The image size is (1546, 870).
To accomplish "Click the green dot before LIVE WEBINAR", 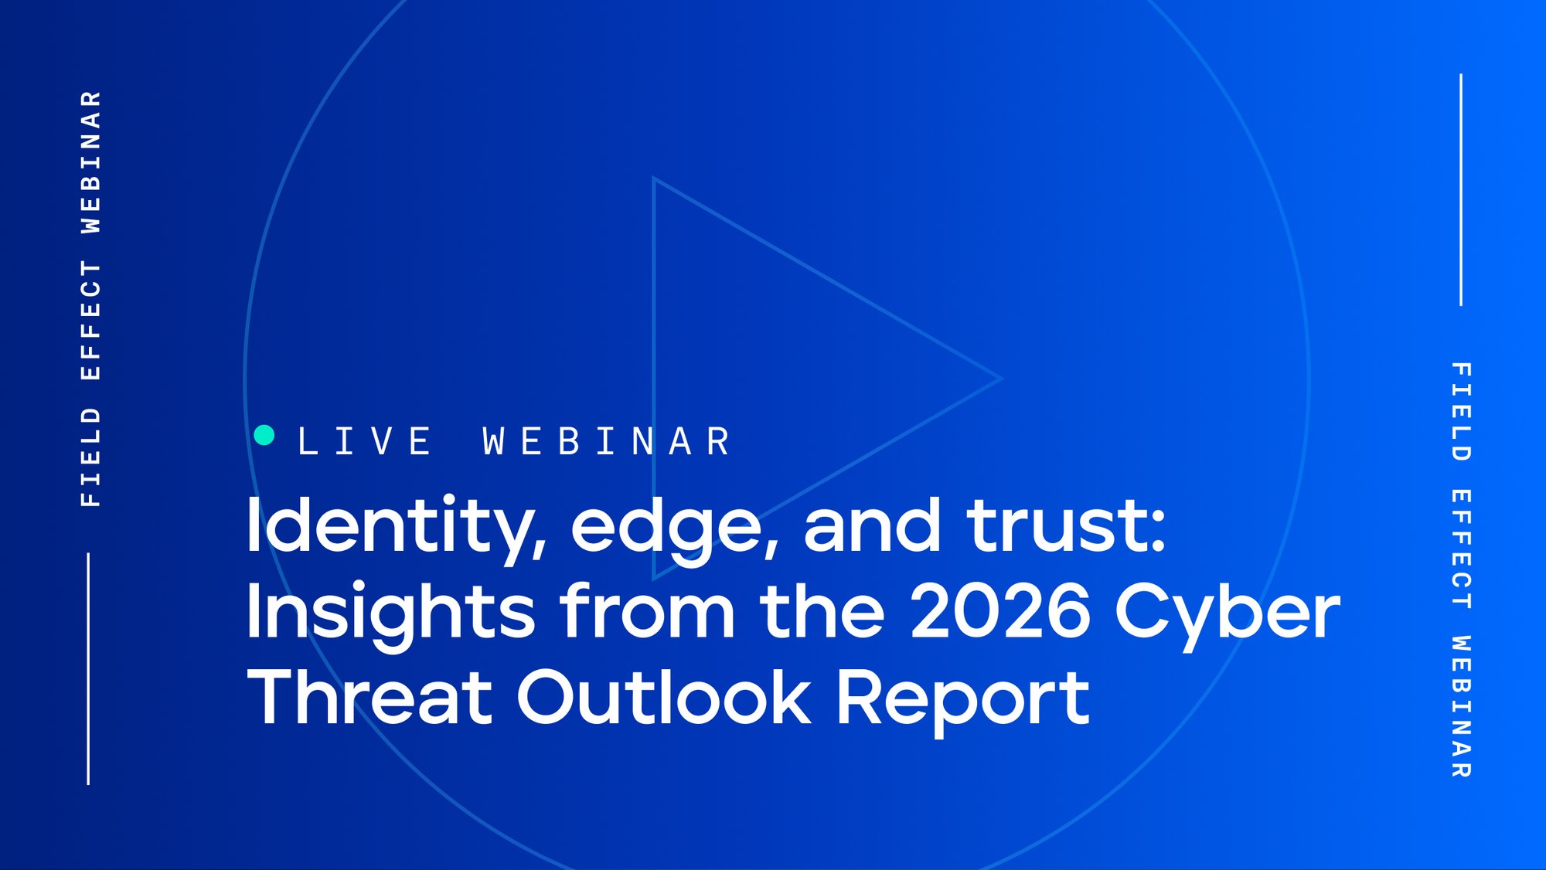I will point(264,435).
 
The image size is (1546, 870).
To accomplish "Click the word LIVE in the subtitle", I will point(365,441).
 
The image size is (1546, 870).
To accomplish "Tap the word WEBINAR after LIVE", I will point(607,441).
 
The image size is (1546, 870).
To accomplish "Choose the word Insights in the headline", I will point(390,613).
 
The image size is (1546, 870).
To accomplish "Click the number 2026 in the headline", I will point(1001,611).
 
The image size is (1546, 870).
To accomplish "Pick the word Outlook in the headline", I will point(664,698).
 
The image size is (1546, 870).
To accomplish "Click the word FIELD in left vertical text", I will point(91,457).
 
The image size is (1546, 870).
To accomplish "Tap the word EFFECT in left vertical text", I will point(91,320).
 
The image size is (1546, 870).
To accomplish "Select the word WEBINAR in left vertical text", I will point(91,161).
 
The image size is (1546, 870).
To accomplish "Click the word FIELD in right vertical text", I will point(1461,411).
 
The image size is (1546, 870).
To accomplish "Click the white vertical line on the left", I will point(88,668).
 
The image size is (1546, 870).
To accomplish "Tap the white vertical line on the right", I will point(1461,189).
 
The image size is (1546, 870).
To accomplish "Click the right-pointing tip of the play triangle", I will point(999,379).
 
